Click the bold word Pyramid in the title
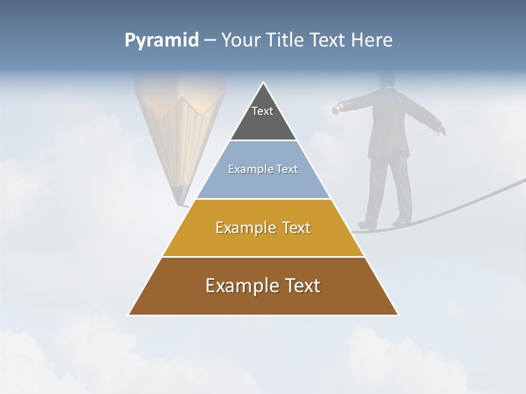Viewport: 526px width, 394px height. point(161,40)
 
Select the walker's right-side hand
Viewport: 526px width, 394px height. point(442,130)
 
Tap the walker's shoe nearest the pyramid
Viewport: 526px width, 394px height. point(366,225)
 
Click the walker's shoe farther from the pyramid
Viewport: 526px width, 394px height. point(402,222)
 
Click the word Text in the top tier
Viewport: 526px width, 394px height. point(262,111)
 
